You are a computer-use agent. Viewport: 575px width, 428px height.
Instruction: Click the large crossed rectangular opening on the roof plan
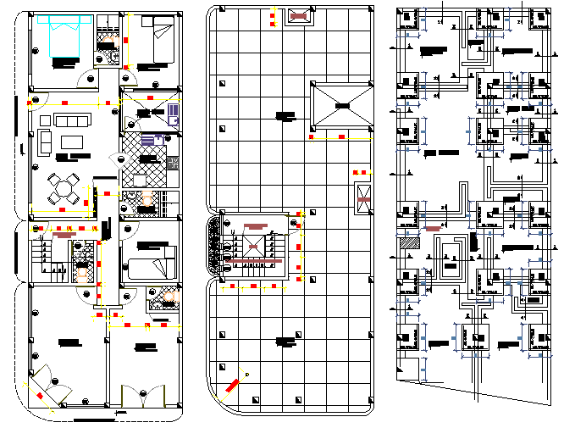(342, 105)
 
